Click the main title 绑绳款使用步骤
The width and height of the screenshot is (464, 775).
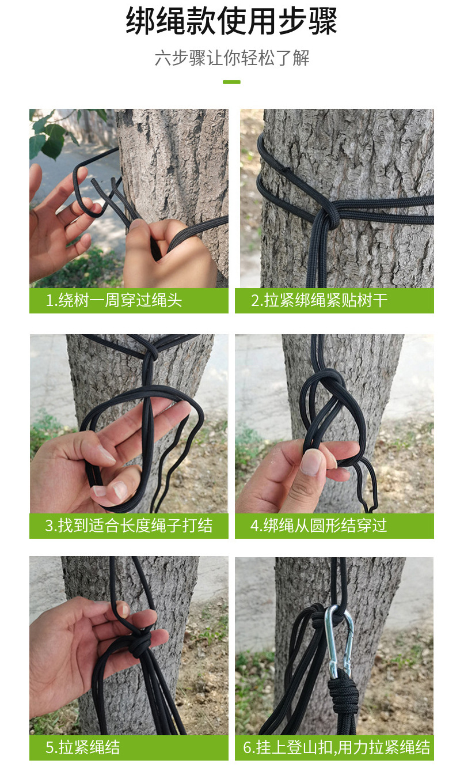(231, 21)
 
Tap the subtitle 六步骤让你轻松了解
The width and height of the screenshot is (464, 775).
(231, 58)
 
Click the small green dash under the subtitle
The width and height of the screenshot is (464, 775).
(231, 82)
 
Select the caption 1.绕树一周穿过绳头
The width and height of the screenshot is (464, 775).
(114, 300)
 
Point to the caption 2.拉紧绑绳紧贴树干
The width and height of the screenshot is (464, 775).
(319, 300)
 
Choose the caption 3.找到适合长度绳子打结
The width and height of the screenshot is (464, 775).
(128, 526)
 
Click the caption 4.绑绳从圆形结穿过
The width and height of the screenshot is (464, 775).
(319, 526)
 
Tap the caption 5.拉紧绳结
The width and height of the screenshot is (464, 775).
(83, 748)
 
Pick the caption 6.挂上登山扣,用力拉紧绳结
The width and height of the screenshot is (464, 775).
(336, 748)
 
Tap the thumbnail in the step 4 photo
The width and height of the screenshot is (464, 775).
(311, 462)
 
